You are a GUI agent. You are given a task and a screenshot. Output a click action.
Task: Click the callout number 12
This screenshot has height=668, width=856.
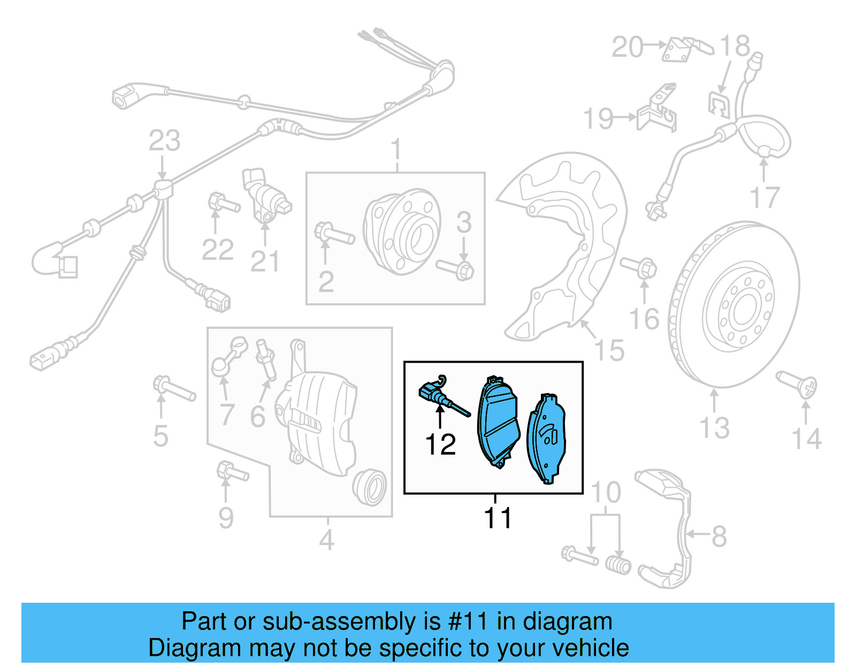point(440,444)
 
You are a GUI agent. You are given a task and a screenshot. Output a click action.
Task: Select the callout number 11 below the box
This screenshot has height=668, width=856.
point(498,518)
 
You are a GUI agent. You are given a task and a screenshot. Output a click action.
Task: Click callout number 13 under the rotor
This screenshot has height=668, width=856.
point(714,428)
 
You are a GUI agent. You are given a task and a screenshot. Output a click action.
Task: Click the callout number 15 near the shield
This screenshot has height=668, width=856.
point(609,350)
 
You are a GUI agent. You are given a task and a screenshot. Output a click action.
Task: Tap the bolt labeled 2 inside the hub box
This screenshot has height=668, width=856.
point(334,235)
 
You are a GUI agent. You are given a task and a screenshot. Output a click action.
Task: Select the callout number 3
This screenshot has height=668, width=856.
point(464,222)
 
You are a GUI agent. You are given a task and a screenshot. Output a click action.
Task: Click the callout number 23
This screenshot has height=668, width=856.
point(164,141)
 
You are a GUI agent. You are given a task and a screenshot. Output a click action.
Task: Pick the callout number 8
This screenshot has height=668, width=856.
point(719,536)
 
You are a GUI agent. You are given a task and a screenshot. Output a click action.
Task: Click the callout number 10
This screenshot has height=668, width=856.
point(606,493)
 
